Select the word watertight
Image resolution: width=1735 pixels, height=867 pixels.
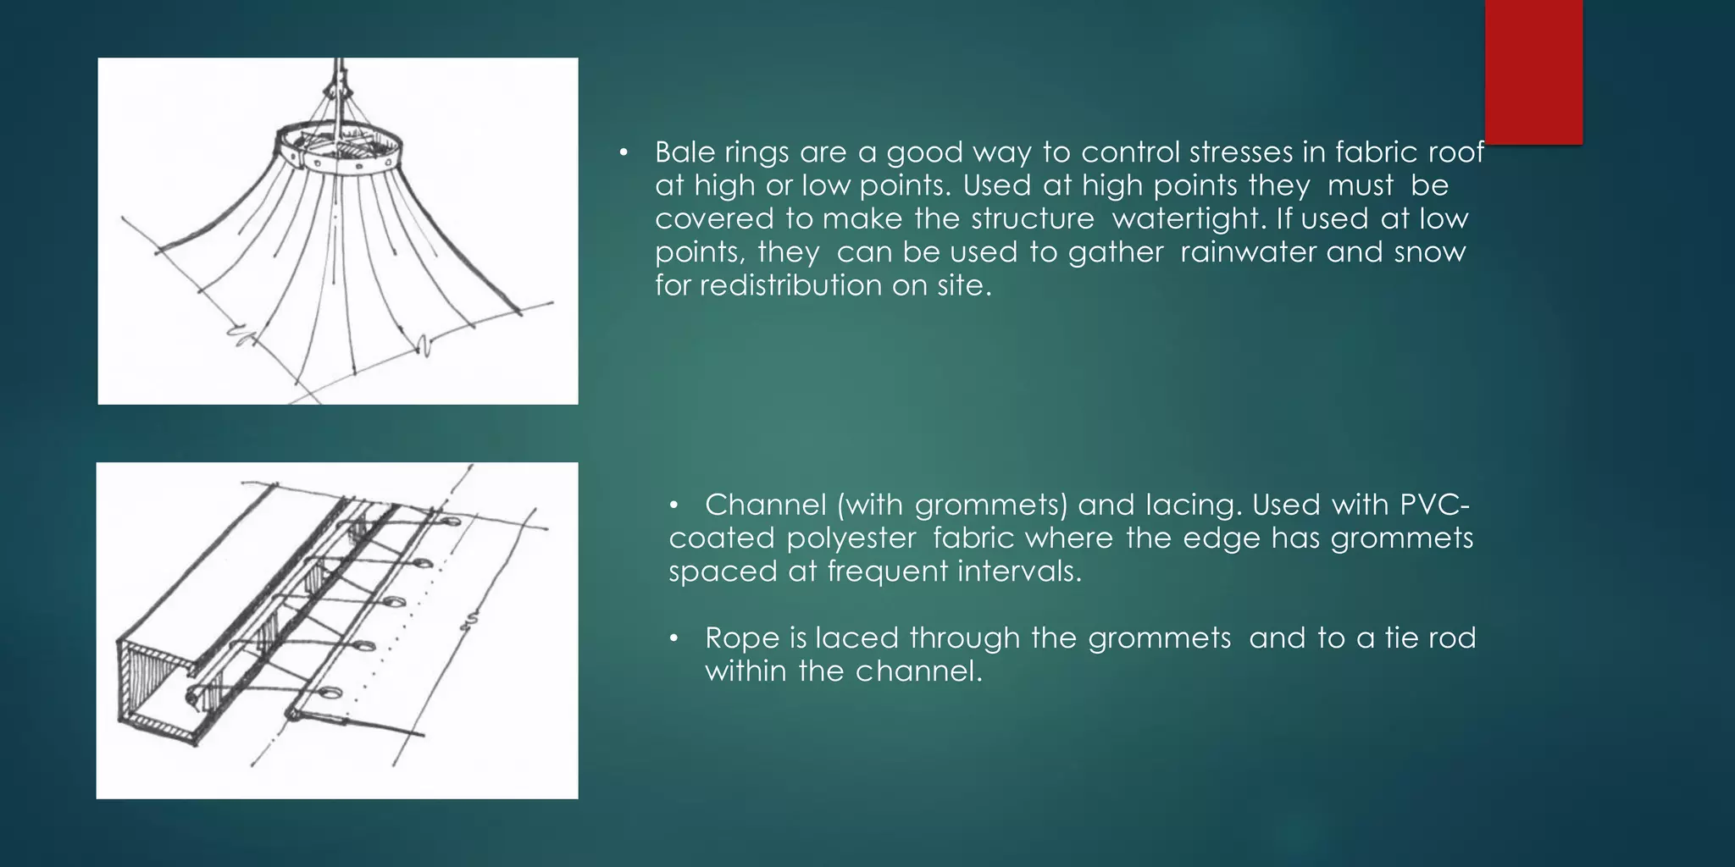[x=1189, y=218]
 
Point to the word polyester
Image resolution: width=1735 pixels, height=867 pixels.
[x=851, y=538]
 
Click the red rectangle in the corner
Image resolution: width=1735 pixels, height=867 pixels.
[x=1533, y=71]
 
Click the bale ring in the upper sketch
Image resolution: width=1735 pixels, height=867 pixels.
[x=338, y=149]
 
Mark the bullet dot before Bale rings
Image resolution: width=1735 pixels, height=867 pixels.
[x=624, y=153]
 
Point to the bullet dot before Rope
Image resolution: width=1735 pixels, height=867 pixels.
[x=674, y=638]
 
